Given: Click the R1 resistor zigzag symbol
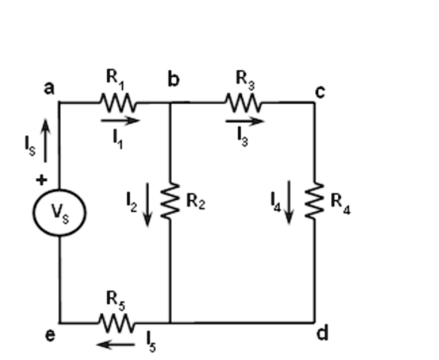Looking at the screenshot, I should pyautogui.click(x=117, y=102).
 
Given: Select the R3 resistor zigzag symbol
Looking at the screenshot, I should pyautogui.click(x=243, y=103).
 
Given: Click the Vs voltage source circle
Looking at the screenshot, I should pyautogui.click(x=60, y=213).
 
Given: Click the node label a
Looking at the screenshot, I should pyautogui.click(x=49, y=88).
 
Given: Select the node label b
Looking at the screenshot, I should pyautogui.click(x=173, y=79).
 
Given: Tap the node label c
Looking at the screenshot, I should pyautogui.click(x=319, y=91).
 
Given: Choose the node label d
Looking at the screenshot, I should pyautogui.click(x=322, y=333).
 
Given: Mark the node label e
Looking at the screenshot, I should pyautogui.click(x=50, y=335).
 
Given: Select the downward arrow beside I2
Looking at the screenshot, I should pyautogui.click(x=147, y=204).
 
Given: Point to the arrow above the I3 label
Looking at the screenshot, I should pyautogui.click(x=244, y=121).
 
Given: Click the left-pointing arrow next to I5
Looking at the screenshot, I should pyautogui.click(x=116, y=344).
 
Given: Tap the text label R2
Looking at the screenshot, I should pyautogui.click(x=195, y=201).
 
